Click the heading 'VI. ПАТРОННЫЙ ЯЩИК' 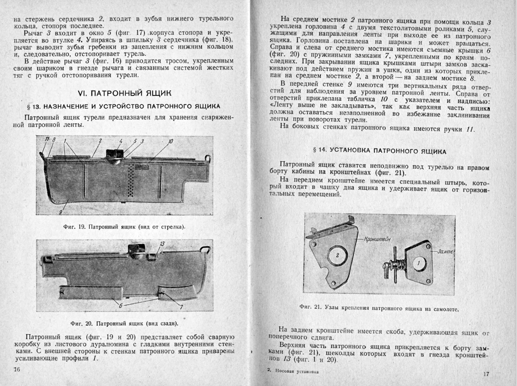(124, 93)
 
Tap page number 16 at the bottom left (17, 369)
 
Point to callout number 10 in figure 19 (170, 142)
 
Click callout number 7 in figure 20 (181, 307)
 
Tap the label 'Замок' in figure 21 (445, 251)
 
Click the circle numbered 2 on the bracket (338, 255)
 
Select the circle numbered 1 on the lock (418, 263)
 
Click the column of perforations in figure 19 (130, 182)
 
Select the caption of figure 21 (380, 308)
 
